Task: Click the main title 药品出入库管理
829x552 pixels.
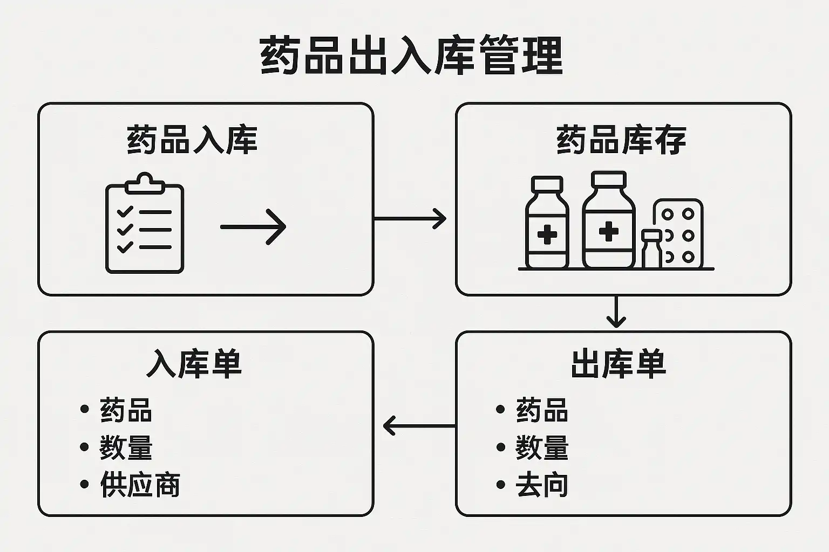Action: [411, 55]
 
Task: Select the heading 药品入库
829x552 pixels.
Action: [192, 140]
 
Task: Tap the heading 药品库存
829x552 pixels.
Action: [621, 140]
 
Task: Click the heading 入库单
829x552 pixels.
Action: [194, 364]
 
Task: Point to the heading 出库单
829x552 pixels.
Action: [619, 364]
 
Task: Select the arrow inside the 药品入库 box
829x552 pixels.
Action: [253, 227]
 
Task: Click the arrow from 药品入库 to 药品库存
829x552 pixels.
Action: [410, 218]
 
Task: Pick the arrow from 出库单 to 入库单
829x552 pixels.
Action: [419, 426]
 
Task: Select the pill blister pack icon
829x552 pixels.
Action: [678, 234]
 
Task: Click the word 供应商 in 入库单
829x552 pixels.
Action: [140, 484]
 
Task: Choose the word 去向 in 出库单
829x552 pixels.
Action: [542, 484]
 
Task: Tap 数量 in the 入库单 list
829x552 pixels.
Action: [126, 447]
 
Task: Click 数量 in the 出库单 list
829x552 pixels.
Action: [542, 447]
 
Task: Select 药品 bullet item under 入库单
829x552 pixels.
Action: [126, 410]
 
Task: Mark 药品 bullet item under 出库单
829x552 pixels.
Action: [542, 410]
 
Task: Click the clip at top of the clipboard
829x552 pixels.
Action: [145, 184]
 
